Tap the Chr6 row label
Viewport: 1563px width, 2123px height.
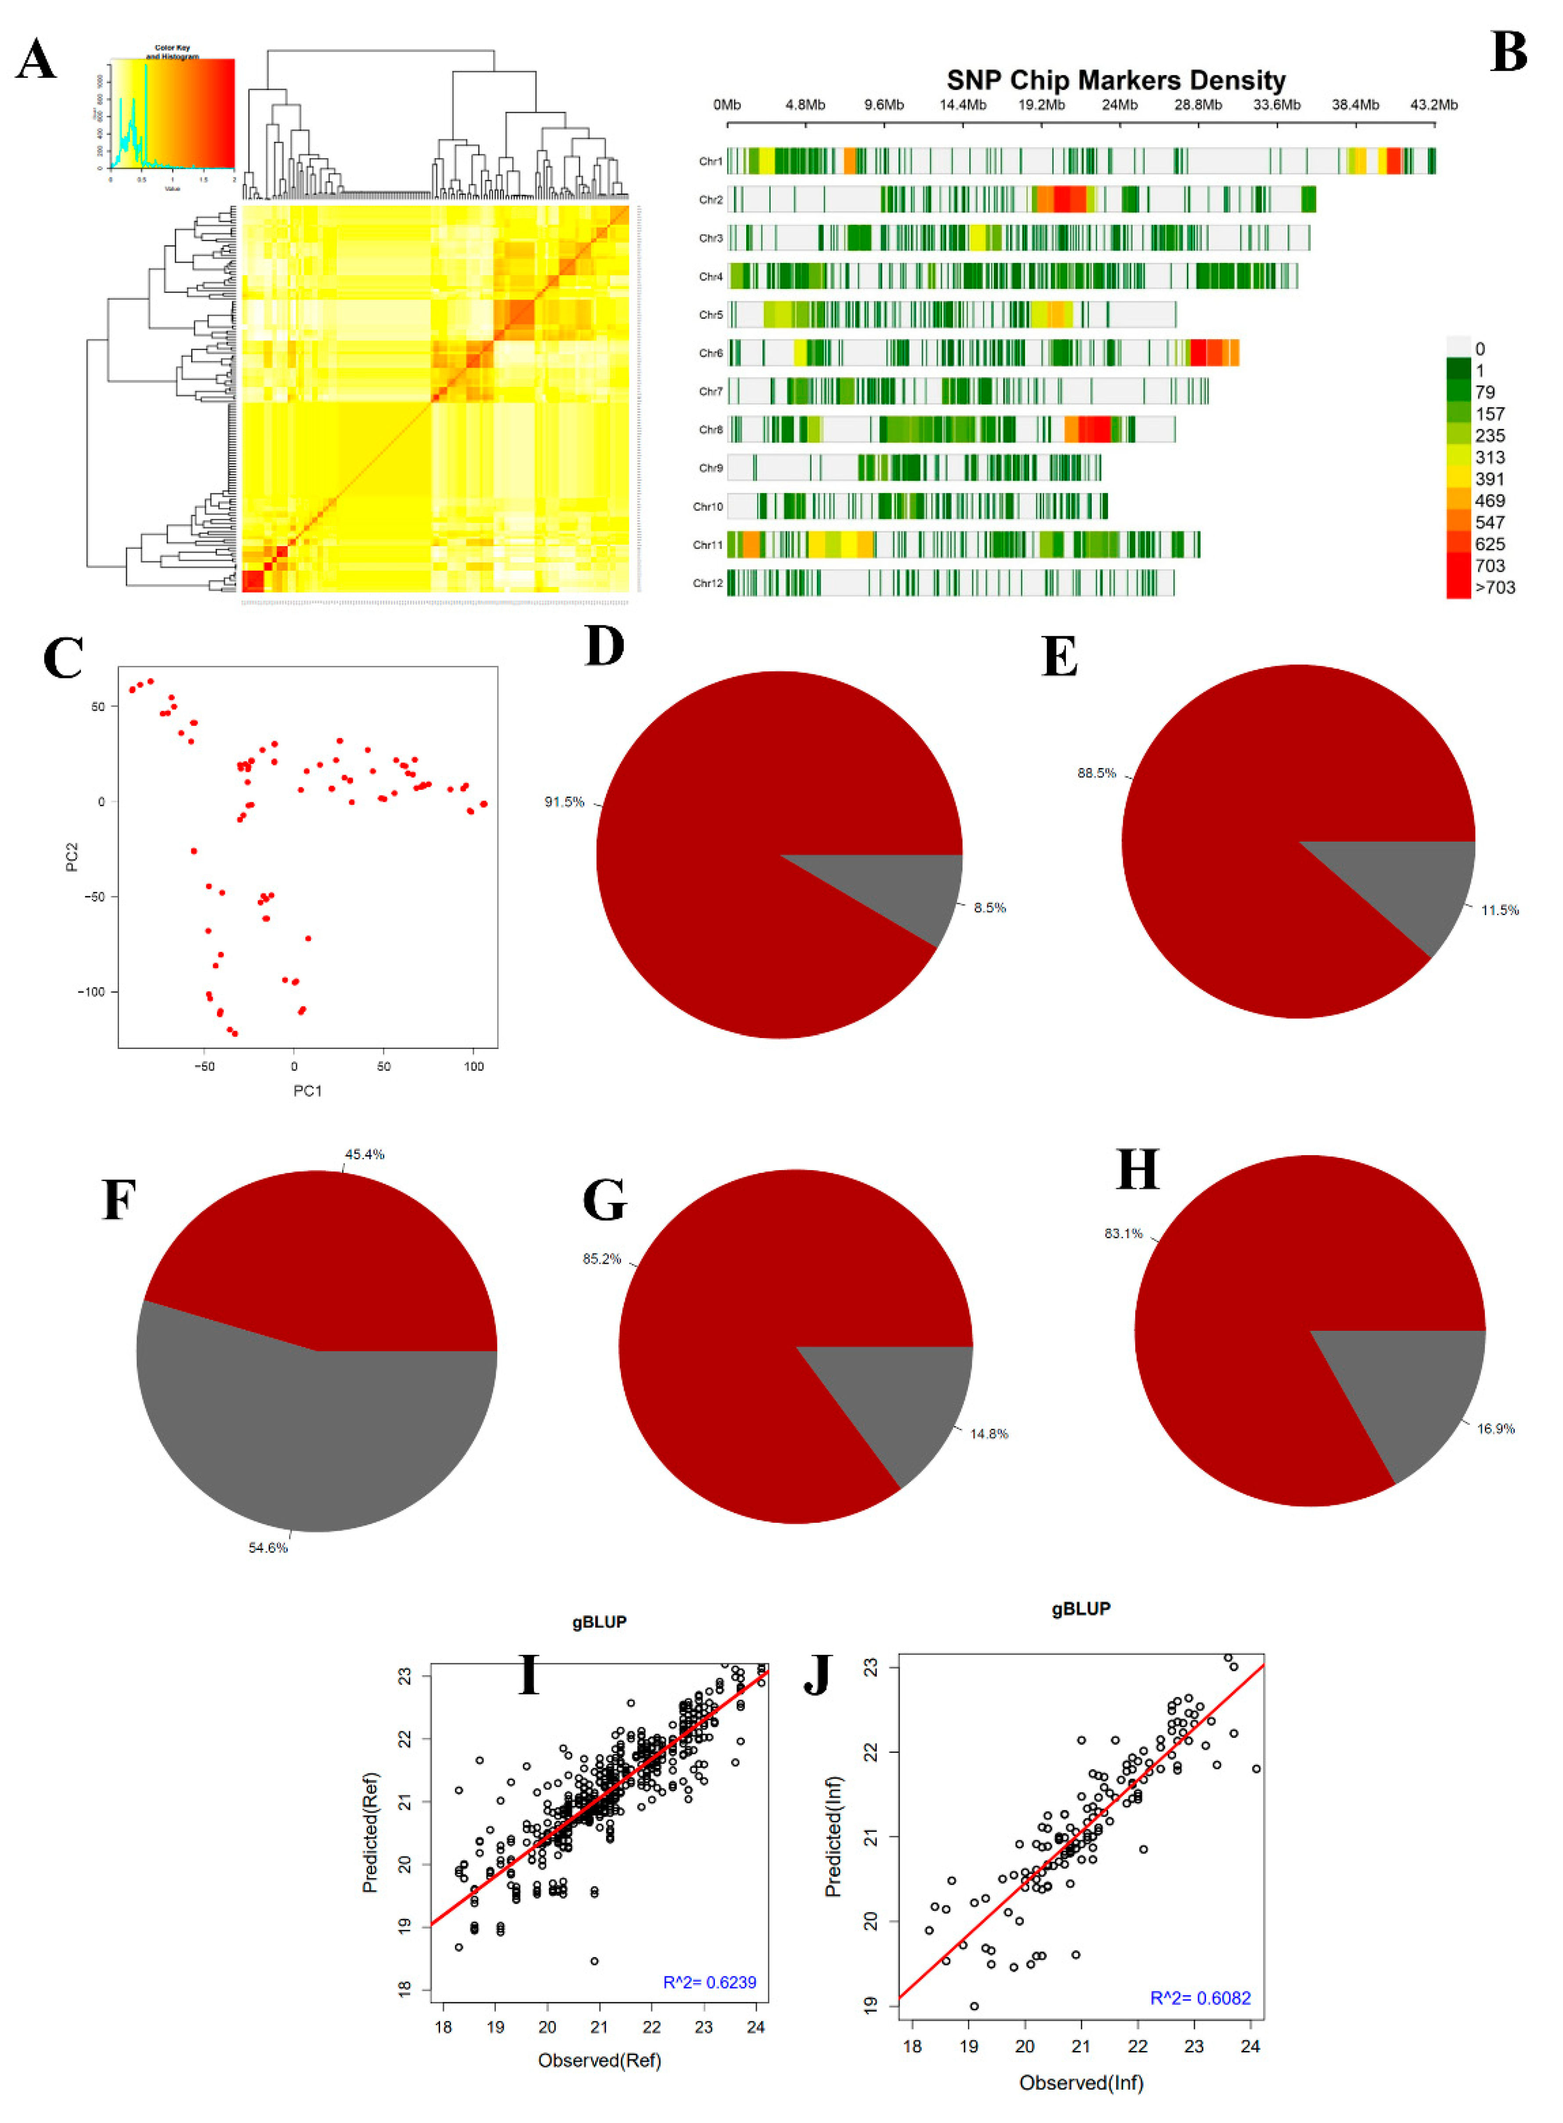[x=711, y=353]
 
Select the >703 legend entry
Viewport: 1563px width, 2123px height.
[x=1495, y=588]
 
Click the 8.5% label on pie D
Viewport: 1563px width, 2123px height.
[x=989, y=907]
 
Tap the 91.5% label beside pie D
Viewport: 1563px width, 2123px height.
[x=564, y=802]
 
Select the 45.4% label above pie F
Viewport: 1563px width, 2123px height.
[x=364, y=1154]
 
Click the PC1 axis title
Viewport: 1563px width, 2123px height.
[x=307, y=1091]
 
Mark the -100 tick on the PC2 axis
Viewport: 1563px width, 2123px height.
[x=92, y=991]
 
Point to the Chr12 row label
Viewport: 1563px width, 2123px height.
[x=708, y=583]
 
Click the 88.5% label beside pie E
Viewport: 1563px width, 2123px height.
[x=1097, y=773]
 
